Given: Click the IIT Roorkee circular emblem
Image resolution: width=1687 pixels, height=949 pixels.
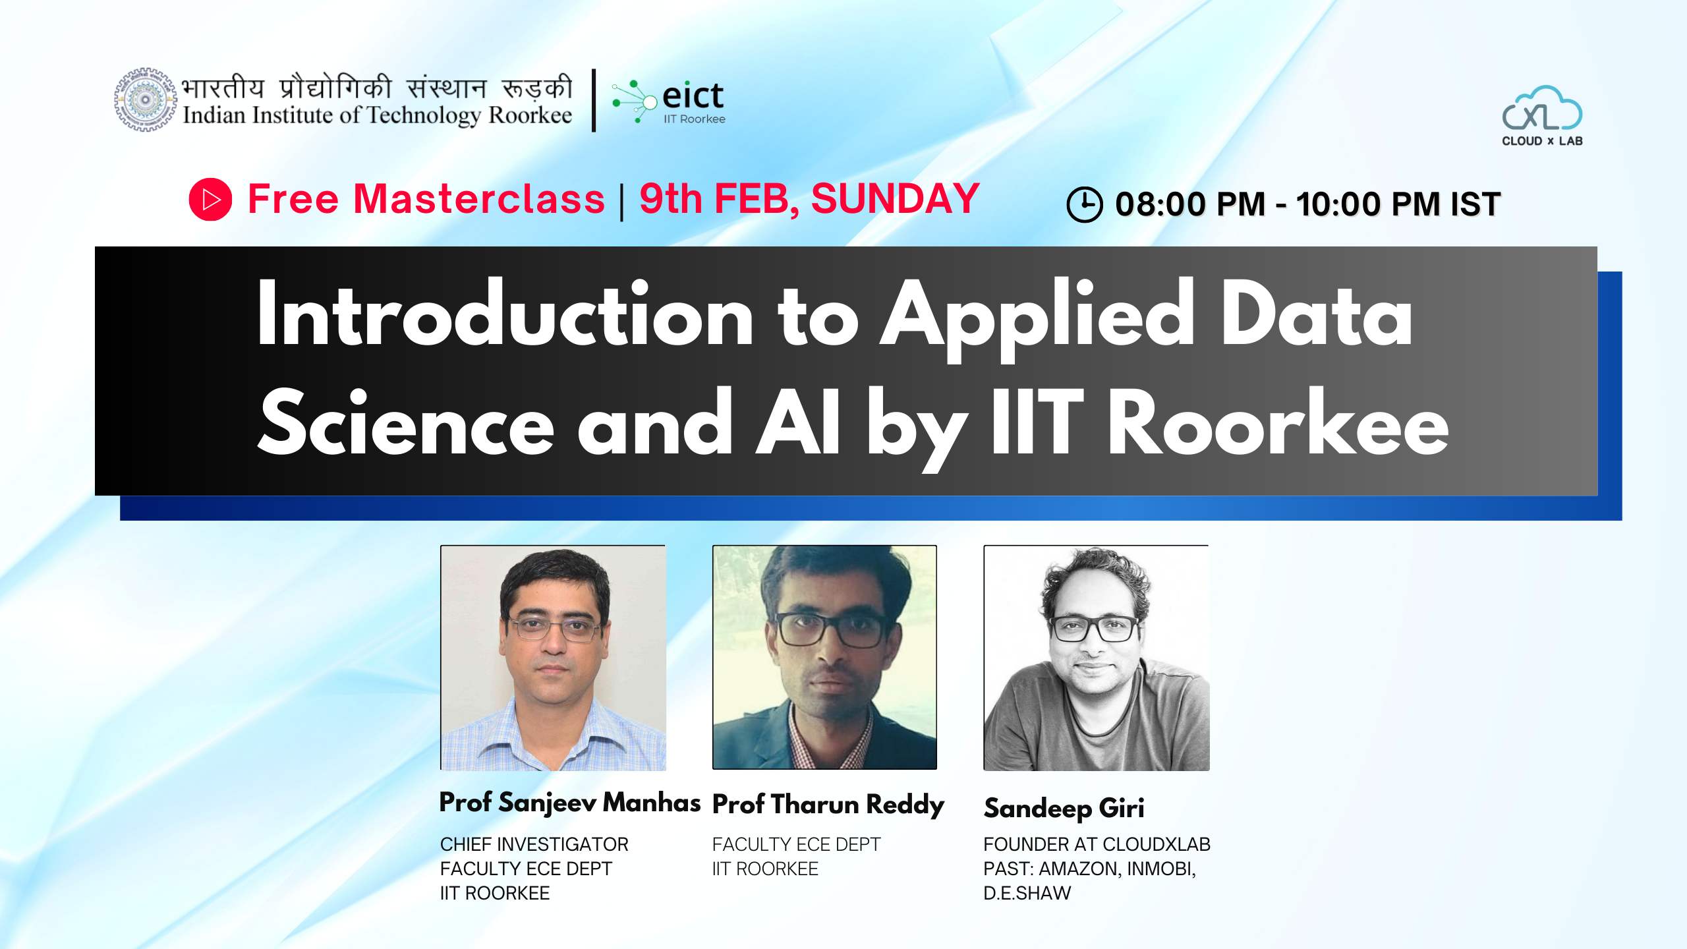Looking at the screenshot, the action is coord(146,100).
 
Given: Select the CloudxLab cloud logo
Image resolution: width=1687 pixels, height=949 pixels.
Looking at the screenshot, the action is coord(1542,115).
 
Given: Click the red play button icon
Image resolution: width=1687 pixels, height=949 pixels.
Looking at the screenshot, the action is coord(210,199).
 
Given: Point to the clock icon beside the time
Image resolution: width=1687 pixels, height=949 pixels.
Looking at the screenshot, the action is coord(1084,204).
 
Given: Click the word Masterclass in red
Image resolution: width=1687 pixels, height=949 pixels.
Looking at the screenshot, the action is coord(479,198).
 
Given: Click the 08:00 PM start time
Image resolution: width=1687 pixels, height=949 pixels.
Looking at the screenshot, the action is coord(1190,204).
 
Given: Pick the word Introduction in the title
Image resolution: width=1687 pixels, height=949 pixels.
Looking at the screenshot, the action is coord(505,312).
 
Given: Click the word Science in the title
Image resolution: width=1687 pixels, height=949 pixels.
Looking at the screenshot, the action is coord(406,422).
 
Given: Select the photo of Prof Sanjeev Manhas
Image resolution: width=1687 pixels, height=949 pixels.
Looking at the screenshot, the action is coord(553,658).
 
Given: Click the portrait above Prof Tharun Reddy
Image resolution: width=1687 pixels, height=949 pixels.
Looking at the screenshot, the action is coord(824,657).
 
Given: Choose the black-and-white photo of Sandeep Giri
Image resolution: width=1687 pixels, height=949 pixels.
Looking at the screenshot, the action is coord(1097,658).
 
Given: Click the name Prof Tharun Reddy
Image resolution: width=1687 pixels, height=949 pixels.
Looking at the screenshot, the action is coord(828,805).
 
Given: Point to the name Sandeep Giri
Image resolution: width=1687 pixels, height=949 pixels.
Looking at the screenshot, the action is coord(1064,809).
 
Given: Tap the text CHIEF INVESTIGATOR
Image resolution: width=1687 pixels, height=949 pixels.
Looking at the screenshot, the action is coord(534,844).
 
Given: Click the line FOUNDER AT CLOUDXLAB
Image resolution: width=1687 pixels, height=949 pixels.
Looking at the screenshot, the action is coord(1097,844).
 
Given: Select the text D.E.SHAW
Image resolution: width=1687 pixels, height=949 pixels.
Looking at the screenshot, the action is coord(1027,893).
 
